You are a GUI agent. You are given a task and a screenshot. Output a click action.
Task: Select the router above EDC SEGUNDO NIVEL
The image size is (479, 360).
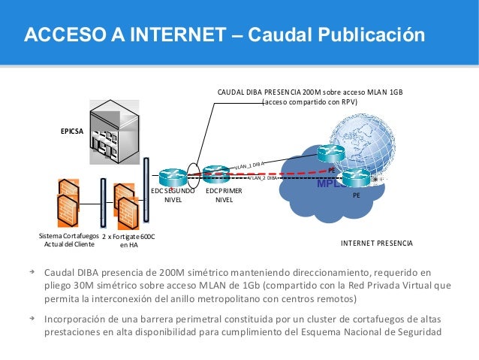(173, 175)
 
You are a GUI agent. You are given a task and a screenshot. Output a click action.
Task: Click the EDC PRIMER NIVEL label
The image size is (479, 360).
(224, 195)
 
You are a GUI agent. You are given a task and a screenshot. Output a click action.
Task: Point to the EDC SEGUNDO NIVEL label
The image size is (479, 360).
(173, 195)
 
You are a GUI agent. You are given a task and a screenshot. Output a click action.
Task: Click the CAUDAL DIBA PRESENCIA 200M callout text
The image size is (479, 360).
(309, 96)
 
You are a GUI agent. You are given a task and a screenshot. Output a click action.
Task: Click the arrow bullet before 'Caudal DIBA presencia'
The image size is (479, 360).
(32, 271)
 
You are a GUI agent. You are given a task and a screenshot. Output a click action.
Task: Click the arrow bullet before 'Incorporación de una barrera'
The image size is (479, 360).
(32, 317)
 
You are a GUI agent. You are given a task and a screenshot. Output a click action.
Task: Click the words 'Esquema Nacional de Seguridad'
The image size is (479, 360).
(378, 334)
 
